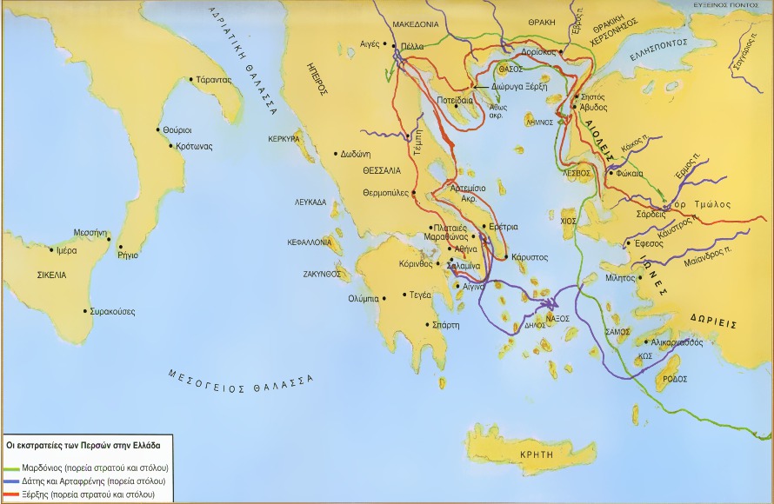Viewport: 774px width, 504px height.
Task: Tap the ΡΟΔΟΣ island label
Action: click(675, 380)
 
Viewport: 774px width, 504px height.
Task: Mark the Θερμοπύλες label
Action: click(385, 193)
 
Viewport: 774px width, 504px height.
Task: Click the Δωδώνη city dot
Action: click(336, 154)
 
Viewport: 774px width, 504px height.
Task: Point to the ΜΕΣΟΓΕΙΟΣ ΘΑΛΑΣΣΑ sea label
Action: click(240, 380)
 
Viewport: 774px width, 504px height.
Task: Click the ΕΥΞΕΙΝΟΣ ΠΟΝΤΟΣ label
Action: click(727, 5)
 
